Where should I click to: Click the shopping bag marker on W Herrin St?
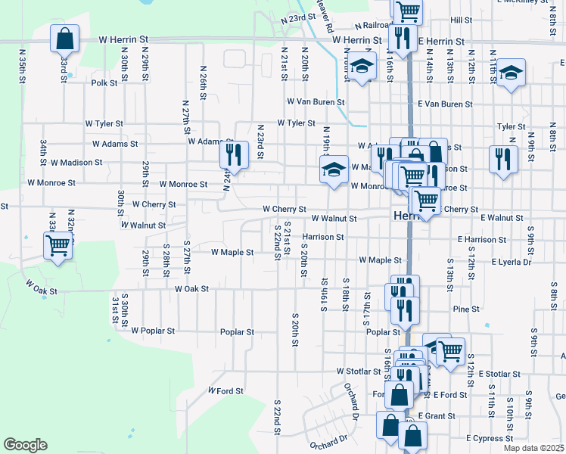[65, 38]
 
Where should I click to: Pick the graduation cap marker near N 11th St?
[512, 73]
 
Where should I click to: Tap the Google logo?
[25, 445]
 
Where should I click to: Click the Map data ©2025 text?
[534, 448]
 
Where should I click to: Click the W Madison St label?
[76, 163]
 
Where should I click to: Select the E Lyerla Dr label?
[511, 263]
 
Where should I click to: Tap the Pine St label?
[465, 309]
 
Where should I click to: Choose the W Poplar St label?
[153, 331]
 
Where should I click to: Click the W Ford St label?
[226, 391]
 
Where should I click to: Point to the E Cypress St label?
[490, 438]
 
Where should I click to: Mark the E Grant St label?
[434, 416]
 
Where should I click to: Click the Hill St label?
[460, 20]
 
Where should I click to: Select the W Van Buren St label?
[316, 101]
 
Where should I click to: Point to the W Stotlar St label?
[359, 372]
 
